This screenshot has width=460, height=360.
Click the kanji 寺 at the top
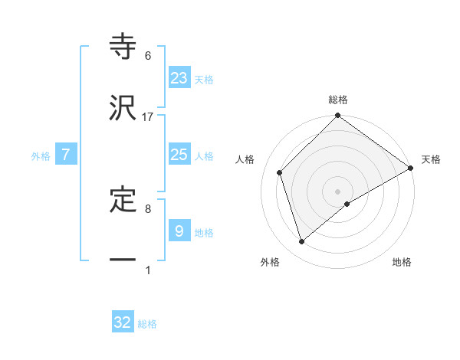pos(123,47)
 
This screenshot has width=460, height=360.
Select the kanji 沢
pos(123,108)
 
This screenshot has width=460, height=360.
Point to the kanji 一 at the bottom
pos(123,260)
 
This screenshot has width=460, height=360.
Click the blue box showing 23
pos(179,77)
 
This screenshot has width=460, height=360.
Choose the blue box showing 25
pos(179,155)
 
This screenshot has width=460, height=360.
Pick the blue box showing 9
pos(179,230)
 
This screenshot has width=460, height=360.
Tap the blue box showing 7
pos(66,155)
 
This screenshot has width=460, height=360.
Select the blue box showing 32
pos(123,322)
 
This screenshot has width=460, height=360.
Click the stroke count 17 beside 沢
pos(148,117)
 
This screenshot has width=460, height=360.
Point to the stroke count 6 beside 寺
pos(148,56)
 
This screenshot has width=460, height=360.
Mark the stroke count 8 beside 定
pos(148,208)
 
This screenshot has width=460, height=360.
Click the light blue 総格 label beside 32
pos(148,324)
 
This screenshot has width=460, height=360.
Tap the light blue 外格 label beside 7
pos(41,156)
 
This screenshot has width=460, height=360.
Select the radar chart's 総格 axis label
pos(338,100)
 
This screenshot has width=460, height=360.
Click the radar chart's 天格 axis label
pos(431,159)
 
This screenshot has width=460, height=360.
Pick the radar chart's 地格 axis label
pos(402,262)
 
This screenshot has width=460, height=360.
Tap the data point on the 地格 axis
pos(348,204)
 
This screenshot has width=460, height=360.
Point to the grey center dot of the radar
pos(338,191)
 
